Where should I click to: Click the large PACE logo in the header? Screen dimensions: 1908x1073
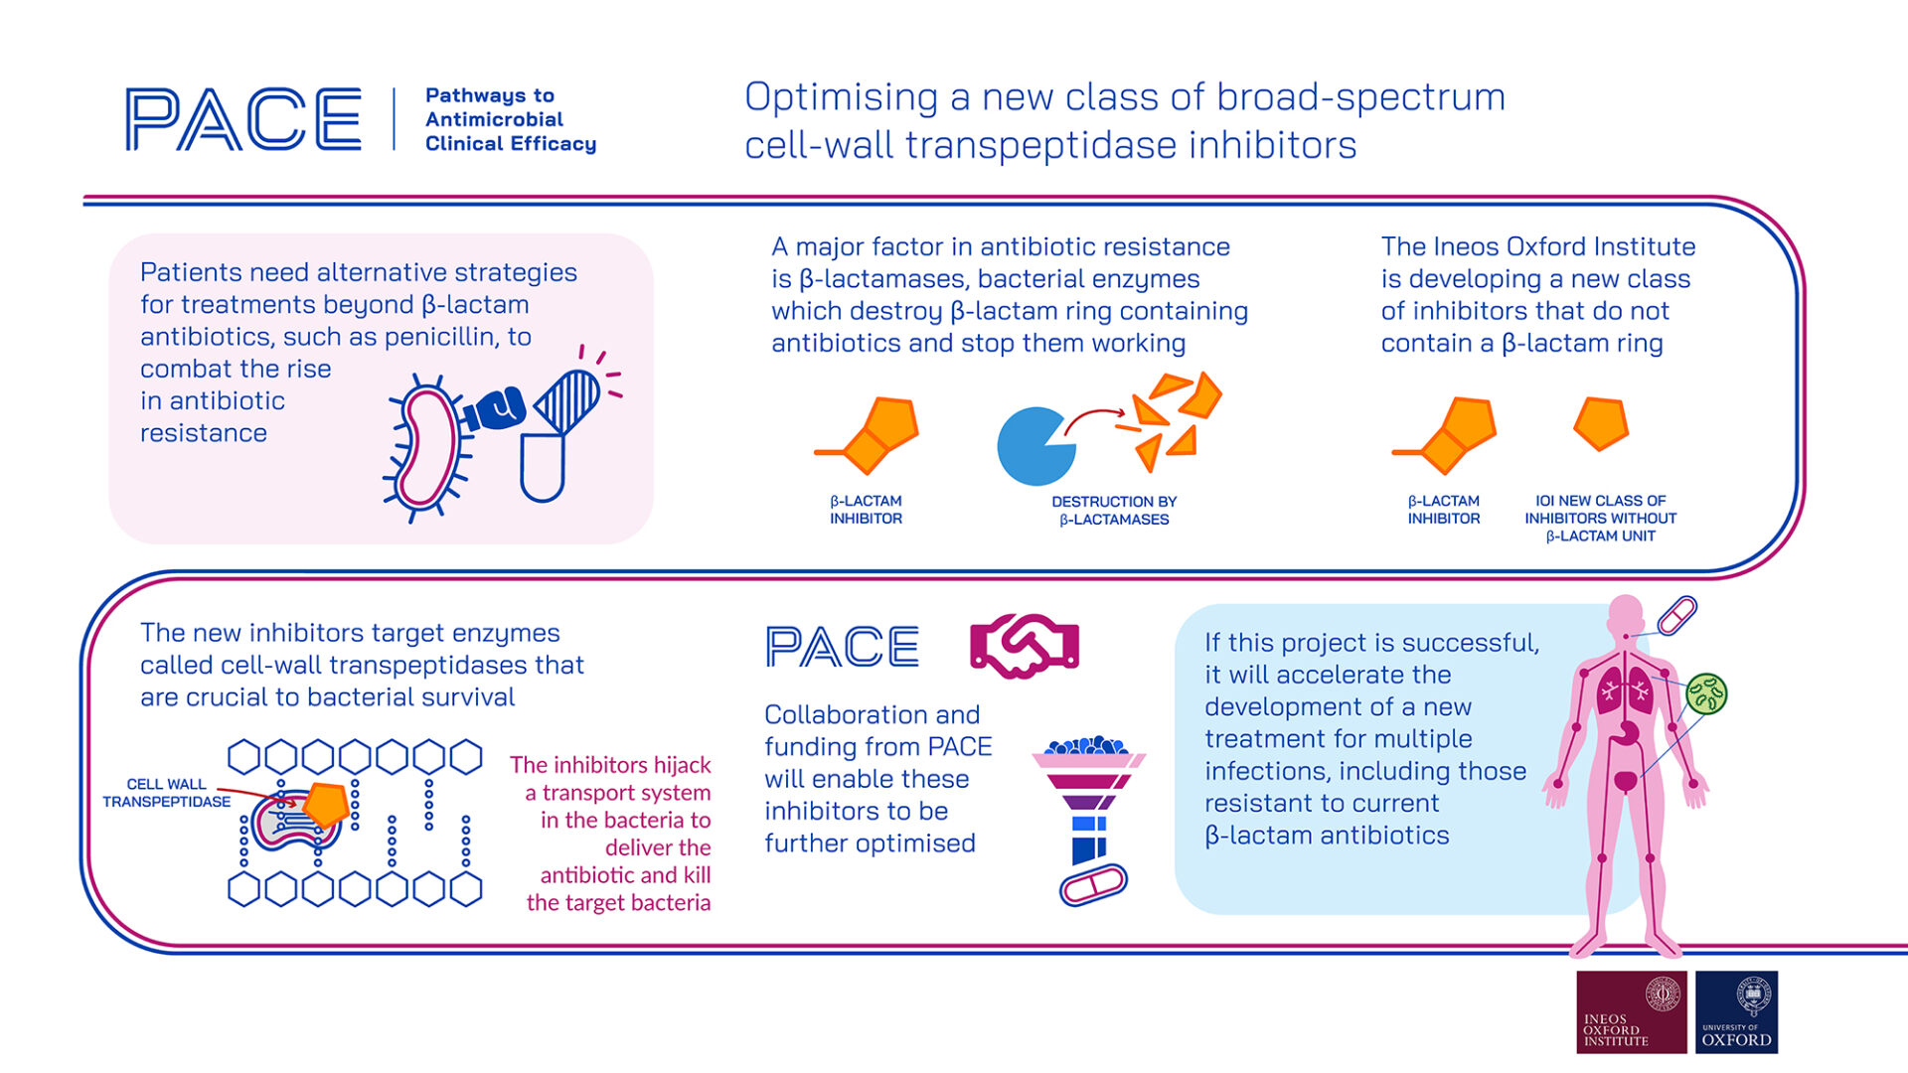tap(243, 119)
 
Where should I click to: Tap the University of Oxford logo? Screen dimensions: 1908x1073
tap(1736, 1011)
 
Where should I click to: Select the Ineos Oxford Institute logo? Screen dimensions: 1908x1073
tap(1631, 1011)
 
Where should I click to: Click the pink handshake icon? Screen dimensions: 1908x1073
tap(1025, 646)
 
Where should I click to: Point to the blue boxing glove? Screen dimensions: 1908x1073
tap(494, 407)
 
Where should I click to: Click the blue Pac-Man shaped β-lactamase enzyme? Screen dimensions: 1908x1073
tap(1033, 446)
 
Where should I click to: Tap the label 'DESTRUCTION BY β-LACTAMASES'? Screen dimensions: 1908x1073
tap(1114, 511)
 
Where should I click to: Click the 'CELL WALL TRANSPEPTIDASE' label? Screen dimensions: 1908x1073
tap(166, 793)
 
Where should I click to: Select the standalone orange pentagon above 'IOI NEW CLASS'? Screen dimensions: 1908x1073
tap(1601, 424)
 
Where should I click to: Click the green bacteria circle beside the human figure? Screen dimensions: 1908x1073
tap(1706, 693)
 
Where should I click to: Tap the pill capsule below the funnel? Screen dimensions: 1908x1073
tap(1093, 884)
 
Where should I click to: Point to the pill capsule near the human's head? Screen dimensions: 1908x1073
tap(1676, 616)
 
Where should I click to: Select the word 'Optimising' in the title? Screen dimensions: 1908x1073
tap(841, 97)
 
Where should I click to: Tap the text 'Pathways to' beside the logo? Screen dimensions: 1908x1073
tap(490, 95)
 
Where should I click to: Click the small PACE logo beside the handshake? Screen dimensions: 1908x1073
tap(843, 647)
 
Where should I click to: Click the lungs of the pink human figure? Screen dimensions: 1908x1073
tap(1625, 689)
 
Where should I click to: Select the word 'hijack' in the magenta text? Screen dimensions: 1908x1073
tap(681, 765)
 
